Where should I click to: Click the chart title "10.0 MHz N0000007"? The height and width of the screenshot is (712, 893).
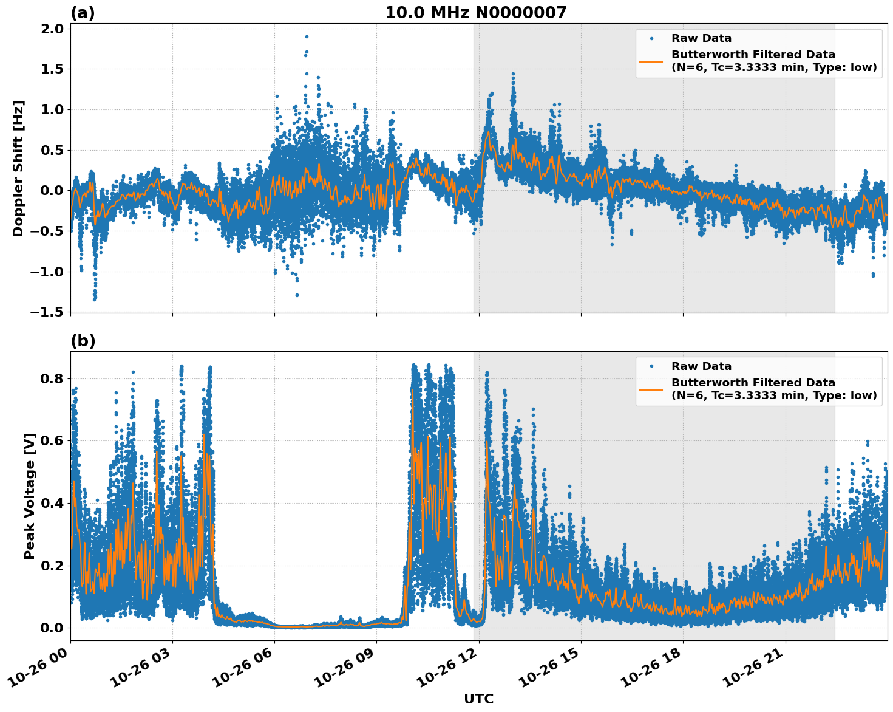click(x=475, y=13)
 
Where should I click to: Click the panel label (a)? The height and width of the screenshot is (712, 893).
click(x=83, y=13)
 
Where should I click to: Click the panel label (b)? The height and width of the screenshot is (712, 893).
click(x=83, y=341)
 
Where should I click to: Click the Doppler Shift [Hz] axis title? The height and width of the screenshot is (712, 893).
click(x=18, y=168)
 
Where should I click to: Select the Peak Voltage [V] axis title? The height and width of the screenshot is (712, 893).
click(x=30, y=496)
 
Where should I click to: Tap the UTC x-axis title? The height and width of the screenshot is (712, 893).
click(x=478, y=699)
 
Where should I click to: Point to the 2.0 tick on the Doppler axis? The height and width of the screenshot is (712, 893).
click(x=51, y=29)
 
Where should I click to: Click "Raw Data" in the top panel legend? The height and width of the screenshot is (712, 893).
click(x=701, y=38)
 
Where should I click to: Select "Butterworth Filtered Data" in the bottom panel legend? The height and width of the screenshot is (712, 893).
click(x=753, y=383)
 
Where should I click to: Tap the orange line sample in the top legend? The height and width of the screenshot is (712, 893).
click(x=651, y=61)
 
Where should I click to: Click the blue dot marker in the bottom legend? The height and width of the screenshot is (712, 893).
click(x=651, y=366)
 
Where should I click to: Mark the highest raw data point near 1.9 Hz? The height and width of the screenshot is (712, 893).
click(x=307, y=36)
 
